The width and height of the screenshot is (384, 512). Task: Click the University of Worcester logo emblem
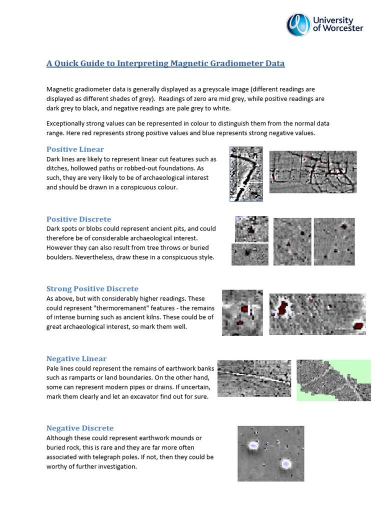pyautogui.click(x=298, y=24)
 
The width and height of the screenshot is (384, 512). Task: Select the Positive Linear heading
pyautogui.click(x=75, y=149)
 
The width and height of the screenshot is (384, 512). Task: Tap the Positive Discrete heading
pyautogui.click(x=78, y=219)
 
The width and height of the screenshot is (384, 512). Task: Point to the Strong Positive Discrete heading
pyautogui.click(x=92, y=288)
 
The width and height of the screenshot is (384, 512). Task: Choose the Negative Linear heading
pyautogui.click(x=76, y=358)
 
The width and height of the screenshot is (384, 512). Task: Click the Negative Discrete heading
pyautogui.click(x=79, y=428)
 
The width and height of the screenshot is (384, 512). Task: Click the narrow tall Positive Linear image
pyautogui.click(x=246, y=174)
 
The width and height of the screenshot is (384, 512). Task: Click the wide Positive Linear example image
pyautogui.click(x=313, y=172)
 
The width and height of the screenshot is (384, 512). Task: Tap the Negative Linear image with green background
pyautogui.click(x=333, y=380)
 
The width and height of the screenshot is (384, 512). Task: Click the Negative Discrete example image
pyautogui.click(x=270, y=453)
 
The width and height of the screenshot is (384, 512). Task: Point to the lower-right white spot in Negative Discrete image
pyautogui.click(x=286, y=464)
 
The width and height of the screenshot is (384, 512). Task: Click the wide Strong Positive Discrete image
pyautogui.click(x=317, y=314)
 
